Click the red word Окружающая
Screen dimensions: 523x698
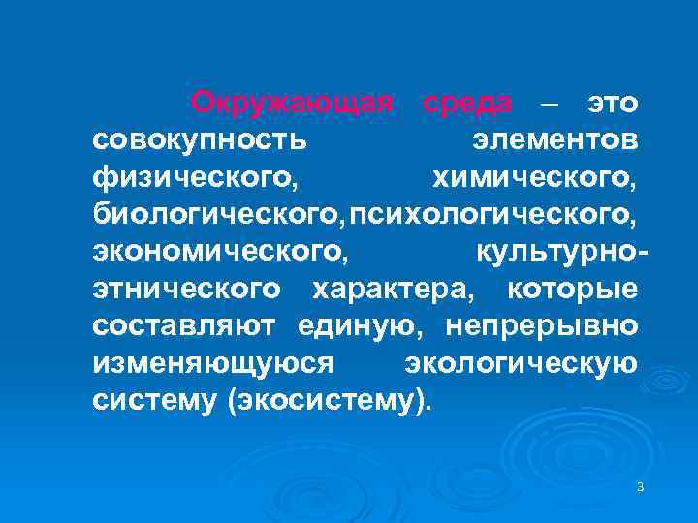coord(292,102)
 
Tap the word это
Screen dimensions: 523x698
coord(611,102)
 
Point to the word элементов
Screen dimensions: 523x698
coord(555,139)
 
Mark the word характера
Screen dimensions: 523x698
coord(393,289)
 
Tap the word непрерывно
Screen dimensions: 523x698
coord(542,326)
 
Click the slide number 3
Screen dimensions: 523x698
coord(641,487)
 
